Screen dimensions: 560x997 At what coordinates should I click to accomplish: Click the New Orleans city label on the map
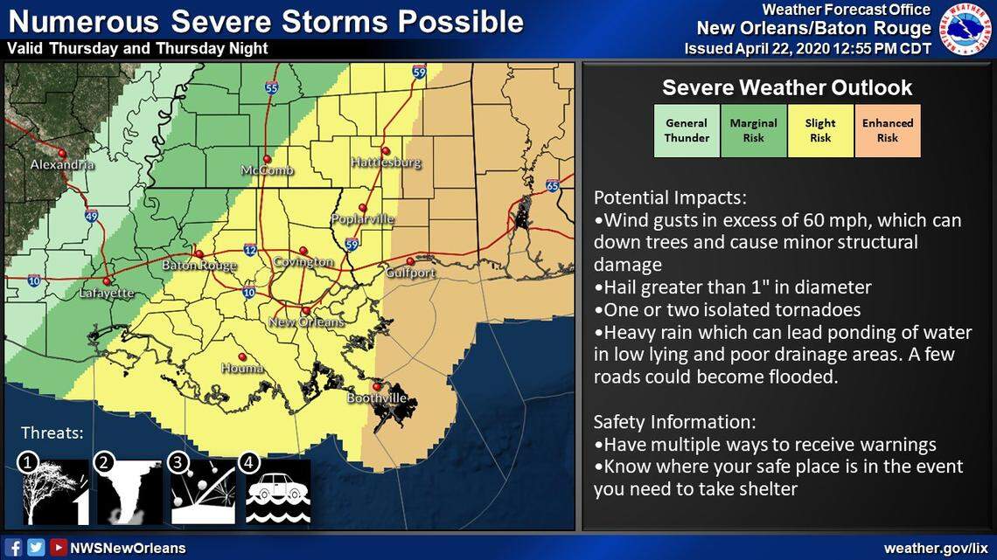tap(306, 322)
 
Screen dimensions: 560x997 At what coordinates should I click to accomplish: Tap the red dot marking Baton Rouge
tap(199, 254)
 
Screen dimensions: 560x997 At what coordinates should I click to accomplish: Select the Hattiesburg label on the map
tap(386, 162)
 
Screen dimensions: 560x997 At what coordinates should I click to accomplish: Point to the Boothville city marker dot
tap(377, 386)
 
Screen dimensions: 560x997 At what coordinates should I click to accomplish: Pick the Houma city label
tap(242, 368)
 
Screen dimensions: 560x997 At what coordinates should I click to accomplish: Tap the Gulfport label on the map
tap(410, 273)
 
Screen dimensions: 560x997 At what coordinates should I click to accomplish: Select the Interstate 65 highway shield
tap(552, 185)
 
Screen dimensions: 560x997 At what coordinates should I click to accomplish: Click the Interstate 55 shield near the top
tap(272, 87)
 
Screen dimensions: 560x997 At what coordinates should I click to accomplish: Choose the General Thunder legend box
tap(687, 131)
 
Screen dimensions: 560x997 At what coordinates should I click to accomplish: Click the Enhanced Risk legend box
tap(887, 131)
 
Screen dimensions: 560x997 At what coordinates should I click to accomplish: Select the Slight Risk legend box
tap(820, 131)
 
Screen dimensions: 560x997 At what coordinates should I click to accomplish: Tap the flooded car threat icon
tap(278, 493)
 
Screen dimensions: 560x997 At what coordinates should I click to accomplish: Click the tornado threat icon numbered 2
tap(129, 493)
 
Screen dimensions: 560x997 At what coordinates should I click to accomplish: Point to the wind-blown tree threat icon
tap(54, 493)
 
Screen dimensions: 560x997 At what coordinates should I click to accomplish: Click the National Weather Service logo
tap(965, 28)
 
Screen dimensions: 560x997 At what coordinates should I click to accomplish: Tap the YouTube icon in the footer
tap(58, 548)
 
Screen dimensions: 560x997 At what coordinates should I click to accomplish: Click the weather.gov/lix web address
tap(932, 548)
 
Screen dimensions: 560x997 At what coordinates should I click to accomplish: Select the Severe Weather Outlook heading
tap(787, 87)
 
